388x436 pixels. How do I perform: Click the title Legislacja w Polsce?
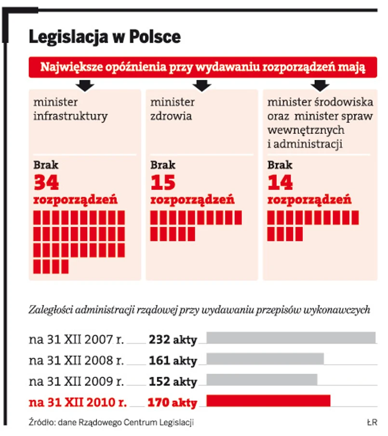click(x=105, y=37)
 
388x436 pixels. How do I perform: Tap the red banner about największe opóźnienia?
click(x=202, y=67)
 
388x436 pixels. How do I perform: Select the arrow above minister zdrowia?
click(x=202, y=86)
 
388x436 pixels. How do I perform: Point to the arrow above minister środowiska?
click(x=320, y=86)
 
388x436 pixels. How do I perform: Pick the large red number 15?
click(x=163, y=182)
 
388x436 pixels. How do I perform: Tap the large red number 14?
click(x=280, y=182)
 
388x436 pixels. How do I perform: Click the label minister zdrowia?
click(x=172, y=109)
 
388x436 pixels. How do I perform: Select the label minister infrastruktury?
click(x=70, y=109)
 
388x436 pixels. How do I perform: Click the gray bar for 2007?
click(x=291, y=337)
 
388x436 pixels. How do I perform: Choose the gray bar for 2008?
click(x=265, y=359)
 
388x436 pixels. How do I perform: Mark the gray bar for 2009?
click(x=262, y=379)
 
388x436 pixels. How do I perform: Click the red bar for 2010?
click(x=268, y=400)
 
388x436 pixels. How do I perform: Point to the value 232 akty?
click(x=173, y=340)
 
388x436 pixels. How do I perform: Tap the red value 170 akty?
click(x=173, y=402)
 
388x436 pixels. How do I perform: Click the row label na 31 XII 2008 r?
click(x=77, y=360)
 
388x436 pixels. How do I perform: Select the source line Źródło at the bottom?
click(x=111, y=423)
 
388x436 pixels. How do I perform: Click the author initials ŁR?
click(x=371, y=423)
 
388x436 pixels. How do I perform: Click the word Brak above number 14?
click(x=280, y=165)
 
